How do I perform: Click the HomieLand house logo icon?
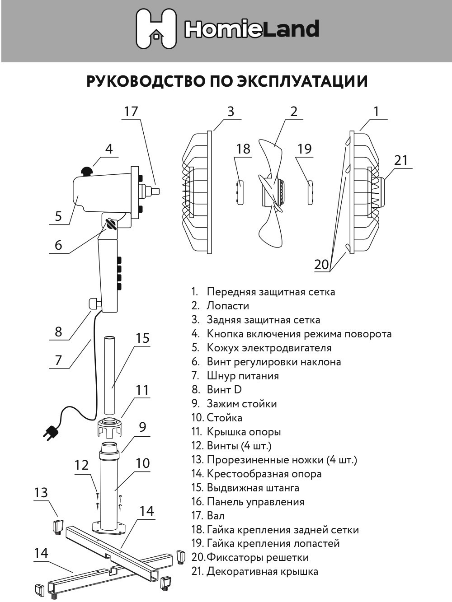[156, 29]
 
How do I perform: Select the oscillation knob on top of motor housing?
[87, 171]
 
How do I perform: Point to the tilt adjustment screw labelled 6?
[111, 223]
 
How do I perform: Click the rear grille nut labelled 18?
[240, 192]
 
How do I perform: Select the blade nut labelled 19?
[310, 192]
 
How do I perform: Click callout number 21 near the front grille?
[400, 160]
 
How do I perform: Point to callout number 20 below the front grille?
[321, 264]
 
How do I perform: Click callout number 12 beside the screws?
[81, 465]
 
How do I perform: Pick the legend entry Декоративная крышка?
[262, 571]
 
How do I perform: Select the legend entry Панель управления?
[255, 502]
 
